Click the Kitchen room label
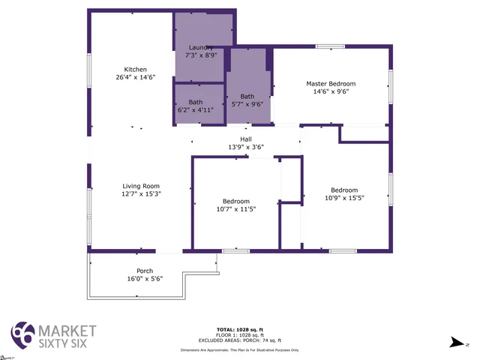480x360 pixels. click(x=135, y=70)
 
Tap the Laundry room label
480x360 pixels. click(x=200, y=47)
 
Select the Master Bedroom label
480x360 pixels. click(x=330, y=83)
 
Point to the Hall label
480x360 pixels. click(x=245, y=139)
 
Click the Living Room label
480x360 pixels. click(x=141, y=186)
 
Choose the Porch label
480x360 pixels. click(x=144, y=271)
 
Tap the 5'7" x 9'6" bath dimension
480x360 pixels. click(x=247, y=104)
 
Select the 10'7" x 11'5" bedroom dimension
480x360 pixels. click(x=235, y=208)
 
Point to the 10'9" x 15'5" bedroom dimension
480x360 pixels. click(x=344, y=198)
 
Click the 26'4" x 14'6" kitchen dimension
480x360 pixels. click(x=135, y=77)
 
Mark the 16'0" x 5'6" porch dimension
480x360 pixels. click(x=144, y=278)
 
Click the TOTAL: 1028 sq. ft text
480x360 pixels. click(x=239, y=329)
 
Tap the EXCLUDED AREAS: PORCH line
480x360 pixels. click(x=239, y=340)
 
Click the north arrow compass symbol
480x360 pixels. click(x=457, y=342)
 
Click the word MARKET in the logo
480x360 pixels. click(x=67, y=331)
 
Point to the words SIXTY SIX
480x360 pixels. click(x=67, y=344)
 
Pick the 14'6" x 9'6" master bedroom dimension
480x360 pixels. click(x=330, y=91)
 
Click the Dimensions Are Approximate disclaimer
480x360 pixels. click(x=239, y=349)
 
